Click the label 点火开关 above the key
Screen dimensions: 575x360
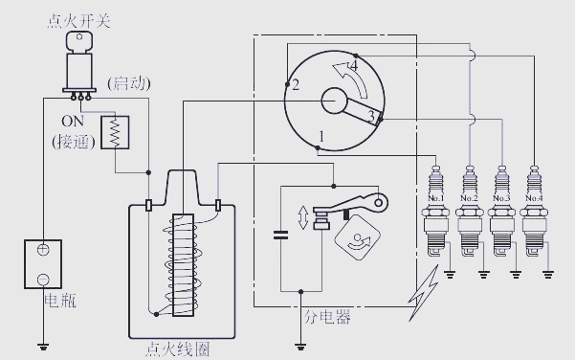(x=78, y=20)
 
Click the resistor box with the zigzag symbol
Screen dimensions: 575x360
(x=115, y=132)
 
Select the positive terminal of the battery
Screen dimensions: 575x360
(x=43, y=250)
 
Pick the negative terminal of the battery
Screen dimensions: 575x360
(x=43, y=280)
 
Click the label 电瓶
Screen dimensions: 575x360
(x=60, y=301)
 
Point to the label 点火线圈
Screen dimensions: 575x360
(x=178, y=349)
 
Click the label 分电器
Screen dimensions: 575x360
(x=327, y=317)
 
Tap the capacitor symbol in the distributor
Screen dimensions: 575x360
(x=281, y=235)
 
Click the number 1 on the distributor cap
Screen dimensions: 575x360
(x=321, y=137)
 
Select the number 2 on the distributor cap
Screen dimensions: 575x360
(x=296, y=85)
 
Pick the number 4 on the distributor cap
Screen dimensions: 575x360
(x=353, y=66)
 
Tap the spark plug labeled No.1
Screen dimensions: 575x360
(x=435, y=211)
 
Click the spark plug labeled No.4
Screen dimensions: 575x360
(x=534, y=211)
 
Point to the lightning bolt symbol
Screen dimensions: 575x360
(x=424, y=294)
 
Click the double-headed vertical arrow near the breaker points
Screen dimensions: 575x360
(x=303, y=217)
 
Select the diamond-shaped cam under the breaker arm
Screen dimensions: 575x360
(x=358, y=237)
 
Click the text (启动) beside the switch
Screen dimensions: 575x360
(x=129, y=83)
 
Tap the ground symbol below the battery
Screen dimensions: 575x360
(x=43, y=346)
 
